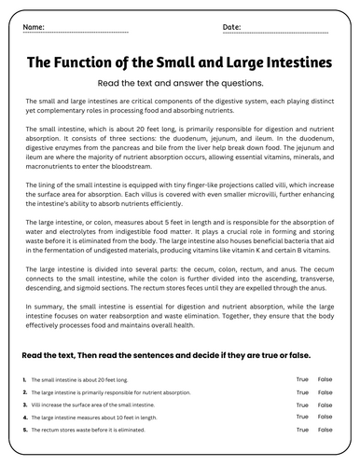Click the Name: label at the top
[x=34, y=28]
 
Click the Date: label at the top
[x=232, y=28]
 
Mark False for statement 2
[x=325, y=392]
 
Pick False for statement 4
[x=325, y=418]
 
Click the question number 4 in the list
[x=22, y=418]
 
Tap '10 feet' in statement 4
[x=114, y=418]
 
